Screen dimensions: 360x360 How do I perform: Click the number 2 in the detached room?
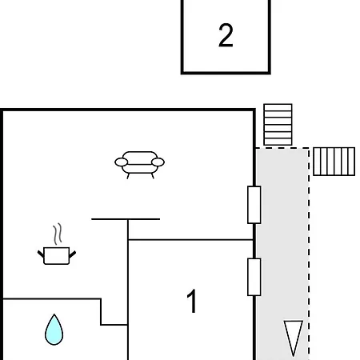(x=226, y=35)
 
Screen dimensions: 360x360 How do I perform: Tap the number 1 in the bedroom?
(x=192, y=301)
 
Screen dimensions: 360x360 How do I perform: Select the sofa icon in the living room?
(x=139, y=165)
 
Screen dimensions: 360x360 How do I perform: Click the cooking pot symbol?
(x=57, y=255)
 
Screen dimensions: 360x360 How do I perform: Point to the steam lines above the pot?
(x=58, y=234)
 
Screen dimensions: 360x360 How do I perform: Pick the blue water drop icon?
(x=54, y=330)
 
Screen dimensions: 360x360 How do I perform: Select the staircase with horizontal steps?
(x=278, y=125)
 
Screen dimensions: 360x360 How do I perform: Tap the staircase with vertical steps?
(x=334, y=162)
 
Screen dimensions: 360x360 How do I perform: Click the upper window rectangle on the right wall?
(x=254, y=205)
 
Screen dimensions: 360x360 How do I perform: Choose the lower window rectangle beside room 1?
(x=254, y=277)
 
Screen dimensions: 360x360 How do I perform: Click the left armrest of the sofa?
(x=122, y=162)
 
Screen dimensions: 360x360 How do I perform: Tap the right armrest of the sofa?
(x=158, y=162)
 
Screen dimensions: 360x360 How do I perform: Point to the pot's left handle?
(x=41, y=254)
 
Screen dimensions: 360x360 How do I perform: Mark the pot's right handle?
(x=73, y=254)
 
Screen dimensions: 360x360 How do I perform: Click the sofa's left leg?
(x=128, y=176)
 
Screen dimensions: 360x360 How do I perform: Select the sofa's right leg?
(x=153, y=176)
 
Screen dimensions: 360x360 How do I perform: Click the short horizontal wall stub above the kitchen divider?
(x=126, y=219)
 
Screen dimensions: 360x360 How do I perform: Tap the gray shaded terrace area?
(x=282, y=254)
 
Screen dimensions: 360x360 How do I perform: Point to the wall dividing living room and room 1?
(x=190, y=240)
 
